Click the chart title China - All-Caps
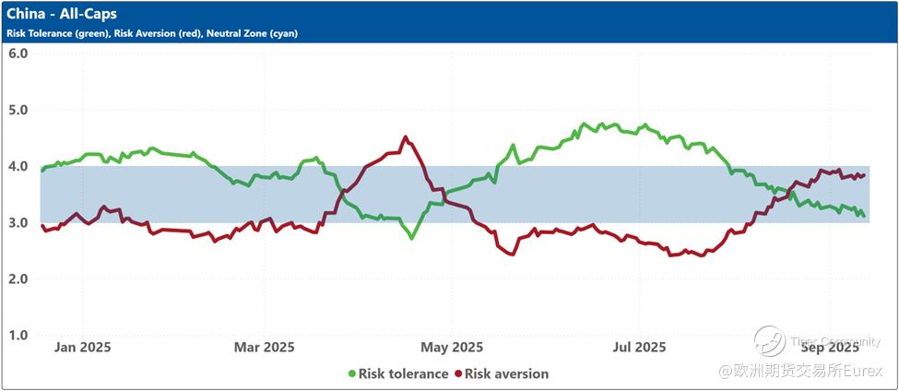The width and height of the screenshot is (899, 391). click(62, 15)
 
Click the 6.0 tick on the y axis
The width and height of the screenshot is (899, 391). click(18, 53)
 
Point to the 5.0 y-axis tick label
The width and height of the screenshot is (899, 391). click(18, 110)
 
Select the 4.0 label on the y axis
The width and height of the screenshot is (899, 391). click(18, 166)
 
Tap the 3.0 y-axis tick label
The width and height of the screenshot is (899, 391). click(18, 222)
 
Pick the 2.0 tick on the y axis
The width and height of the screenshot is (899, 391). click(18, 278)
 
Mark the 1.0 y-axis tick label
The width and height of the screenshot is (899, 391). click(18, 335)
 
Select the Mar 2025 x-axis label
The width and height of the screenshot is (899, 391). click(264, 348)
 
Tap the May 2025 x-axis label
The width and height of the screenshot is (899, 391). click(452, 348)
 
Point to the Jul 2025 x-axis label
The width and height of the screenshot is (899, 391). click(638, 348)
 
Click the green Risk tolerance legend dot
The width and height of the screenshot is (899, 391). click(352, 373)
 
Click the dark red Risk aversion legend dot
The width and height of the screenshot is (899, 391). click(457, 373)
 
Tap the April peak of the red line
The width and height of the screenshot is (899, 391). click(406, 137)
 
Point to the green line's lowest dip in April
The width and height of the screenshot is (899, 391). click(411, 238)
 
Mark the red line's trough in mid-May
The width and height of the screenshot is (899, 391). click(512, 254)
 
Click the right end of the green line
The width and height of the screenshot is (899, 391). click(863, 216)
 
